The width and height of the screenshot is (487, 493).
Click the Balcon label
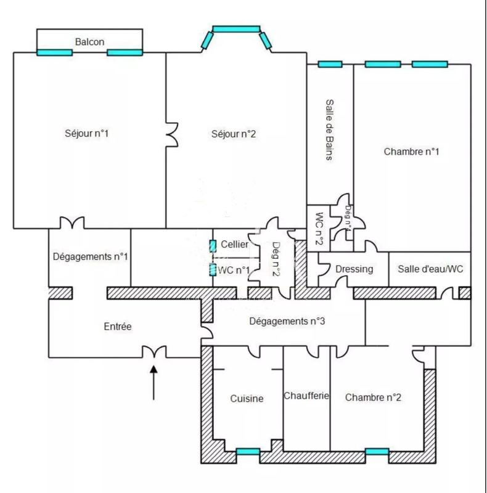pyautogui.click(x=89, y=42)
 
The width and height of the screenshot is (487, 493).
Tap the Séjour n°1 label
pyautogui.click(x=87, y=133)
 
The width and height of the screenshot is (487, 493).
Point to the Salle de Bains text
pyautogui.click(x=330, y=130)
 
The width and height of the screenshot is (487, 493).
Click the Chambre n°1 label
pyautogui.click(x=411, y=151)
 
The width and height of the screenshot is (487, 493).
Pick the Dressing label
pyautogui.click(x=354, y=269)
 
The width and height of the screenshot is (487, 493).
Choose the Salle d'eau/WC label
pyautogui.click(x=430, y=269)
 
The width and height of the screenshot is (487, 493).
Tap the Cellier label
pyautogui.click(x=235, y=245)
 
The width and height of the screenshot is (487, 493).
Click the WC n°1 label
pyautogui.click(x=234, y=270)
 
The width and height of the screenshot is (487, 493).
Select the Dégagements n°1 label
pyautogui.click(x=90, y=256)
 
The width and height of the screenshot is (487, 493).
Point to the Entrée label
pyautogui.click(x=118, y=327)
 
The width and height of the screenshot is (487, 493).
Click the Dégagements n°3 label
pyautogui.click(x=287, y=321)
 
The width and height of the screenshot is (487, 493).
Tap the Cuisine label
pyautogui.click(x=247, y=399)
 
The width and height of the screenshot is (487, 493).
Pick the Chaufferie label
pyautogui.click(x=306, y=395)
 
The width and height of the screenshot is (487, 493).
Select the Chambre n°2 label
pyautogui.click(x=374, y=397)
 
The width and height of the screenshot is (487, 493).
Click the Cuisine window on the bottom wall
pyautogui.click(x=248, y=452)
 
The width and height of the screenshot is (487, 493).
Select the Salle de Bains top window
pyautogui.click(x=330, y=64)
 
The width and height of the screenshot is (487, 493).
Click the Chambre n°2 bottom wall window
pyautogui.click(x=377, y=452)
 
